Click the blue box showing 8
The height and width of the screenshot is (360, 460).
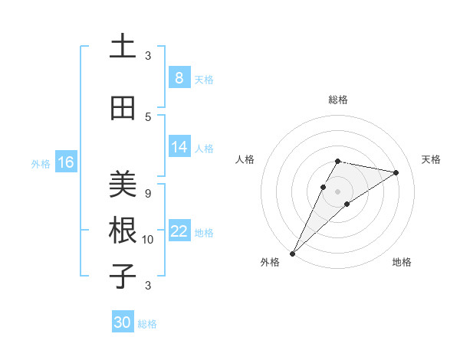[179, 78]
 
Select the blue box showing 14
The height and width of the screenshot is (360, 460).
[179, 147]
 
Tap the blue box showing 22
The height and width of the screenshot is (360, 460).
[179, 231]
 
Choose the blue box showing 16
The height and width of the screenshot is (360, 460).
[65, 162]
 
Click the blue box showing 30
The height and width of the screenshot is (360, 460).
[123, 322]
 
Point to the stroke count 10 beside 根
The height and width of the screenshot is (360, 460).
[148, 240]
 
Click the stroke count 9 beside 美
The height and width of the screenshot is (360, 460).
[148, 193]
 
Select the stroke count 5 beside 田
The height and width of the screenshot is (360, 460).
[148, 116]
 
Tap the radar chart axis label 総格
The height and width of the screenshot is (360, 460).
[337, 100]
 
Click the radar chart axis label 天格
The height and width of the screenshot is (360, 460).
[431, 159]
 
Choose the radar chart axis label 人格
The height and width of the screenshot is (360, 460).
[245, 159]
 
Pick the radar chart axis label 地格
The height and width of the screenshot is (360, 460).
[402, 262]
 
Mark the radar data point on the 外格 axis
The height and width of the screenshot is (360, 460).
[292, 253]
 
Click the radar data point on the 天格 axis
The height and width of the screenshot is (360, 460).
[396, 172]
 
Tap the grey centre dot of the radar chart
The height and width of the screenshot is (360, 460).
[337, 191]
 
